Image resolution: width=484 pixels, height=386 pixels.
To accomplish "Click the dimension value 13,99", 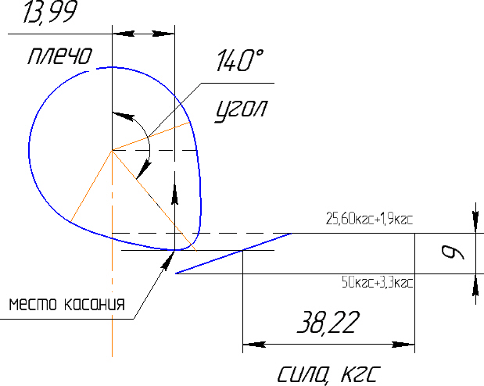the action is point(50,12).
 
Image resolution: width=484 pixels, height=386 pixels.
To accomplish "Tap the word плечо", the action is point(60,55).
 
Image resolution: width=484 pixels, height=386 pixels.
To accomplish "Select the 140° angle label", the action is point(240,60).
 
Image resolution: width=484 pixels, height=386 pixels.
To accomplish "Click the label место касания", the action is point(67,304).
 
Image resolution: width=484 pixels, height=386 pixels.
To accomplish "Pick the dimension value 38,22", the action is point(328,323).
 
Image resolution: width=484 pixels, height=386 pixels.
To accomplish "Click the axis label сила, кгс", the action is point(328,374).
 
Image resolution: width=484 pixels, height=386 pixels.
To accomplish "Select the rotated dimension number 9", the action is point(453,252).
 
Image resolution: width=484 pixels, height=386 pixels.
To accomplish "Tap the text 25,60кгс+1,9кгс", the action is point(369,219).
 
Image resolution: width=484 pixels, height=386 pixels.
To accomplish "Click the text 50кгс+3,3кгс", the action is point(377,282).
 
